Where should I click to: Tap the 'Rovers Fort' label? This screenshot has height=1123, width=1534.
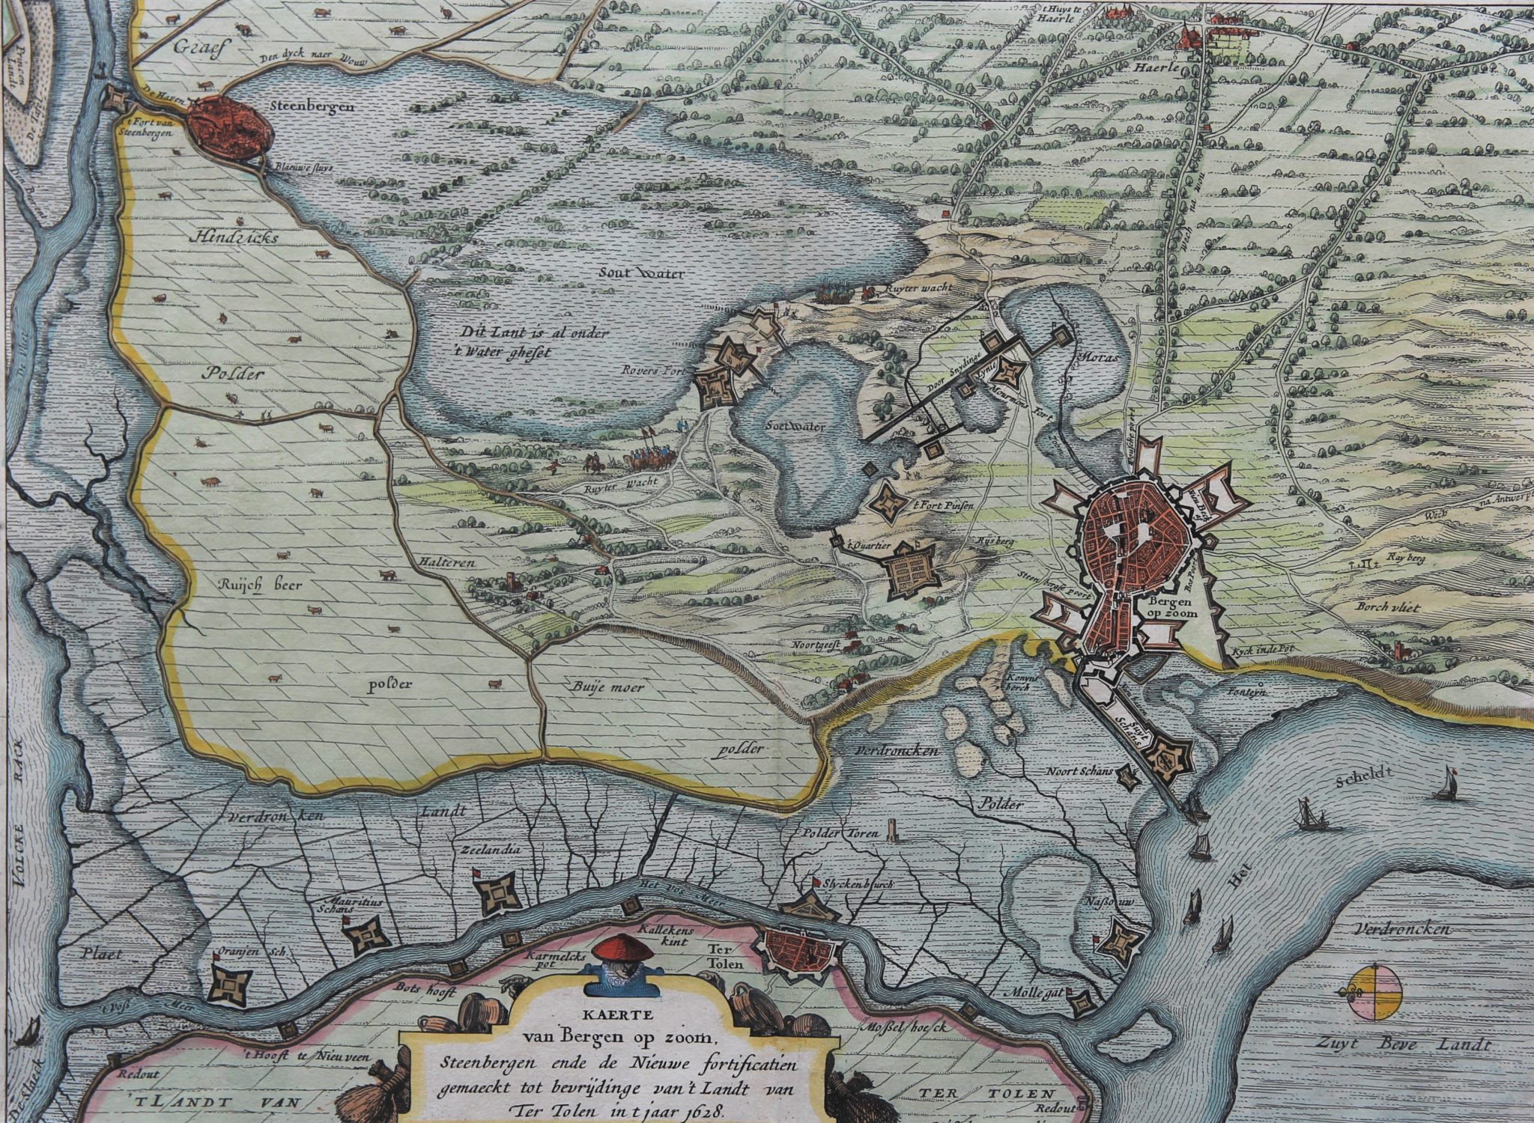[x=650, y=369]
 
